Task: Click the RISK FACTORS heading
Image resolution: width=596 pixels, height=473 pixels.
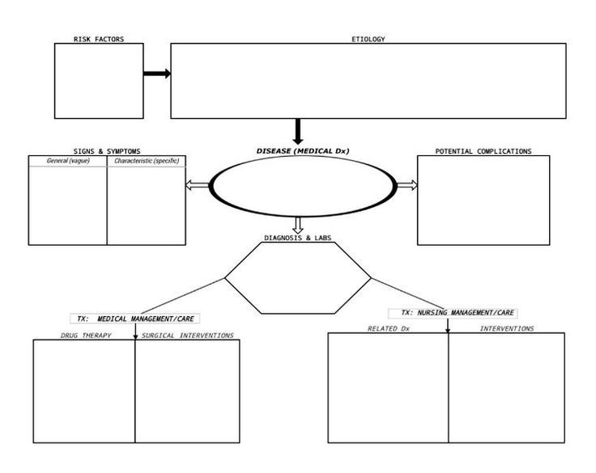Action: [99, 39]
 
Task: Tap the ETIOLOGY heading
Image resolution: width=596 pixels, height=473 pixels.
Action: [368, 39]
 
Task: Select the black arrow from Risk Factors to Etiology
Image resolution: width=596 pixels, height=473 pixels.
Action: [157, 74]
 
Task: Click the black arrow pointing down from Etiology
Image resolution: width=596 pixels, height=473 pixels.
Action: [298, 131]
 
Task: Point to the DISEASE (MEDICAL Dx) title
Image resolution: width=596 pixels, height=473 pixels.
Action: [303, 151]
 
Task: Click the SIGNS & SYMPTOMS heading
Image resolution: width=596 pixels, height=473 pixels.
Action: [107, 151]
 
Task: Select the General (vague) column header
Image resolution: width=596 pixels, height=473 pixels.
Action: [68, 161]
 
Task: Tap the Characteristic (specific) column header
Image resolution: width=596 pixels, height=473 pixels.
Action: [147, 161]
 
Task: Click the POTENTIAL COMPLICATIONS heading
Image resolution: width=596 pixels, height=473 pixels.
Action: [483, 151]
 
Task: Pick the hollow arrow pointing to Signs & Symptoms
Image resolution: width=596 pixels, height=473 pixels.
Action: [198, 185]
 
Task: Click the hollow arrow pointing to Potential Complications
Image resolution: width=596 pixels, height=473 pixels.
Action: [407, 185]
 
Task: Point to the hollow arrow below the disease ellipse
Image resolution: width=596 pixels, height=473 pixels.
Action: [298, 225]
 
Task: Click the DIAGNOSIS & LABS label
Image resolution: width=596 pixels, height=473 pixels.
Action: [298, 238]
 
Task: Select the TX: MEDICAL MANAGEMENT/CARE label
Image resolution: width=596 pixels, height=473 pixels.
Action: [135, 319]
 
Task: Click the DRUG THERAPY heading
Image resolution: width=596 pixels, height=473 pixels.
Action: [86, 336]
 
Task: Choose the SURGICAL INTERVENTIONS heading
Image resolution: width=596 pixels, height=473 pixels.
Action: [187, 336]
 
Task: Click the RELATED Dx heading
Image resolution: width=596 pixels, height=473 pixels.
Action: [389, 329]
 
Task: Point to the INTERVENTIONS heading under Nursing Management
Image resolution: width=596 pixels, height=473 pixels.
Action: [507, 329]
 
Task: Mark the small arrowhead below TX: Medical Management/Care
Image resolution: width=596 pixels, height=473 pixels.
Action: [135, 337]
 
